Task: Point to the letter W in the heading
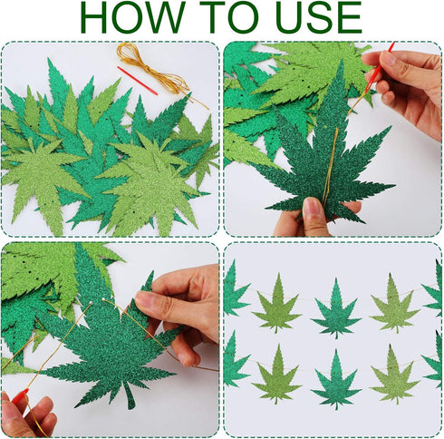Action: point(182,18)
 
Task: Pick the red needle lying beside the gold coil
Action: point(137,80)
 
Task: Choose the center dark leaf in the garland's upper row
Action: point(336,308)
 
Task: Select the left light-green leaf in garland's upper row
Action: point(276,304)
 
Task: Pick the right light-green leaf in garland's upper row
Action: point(394,304)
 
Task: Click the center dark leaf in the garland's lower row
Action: point(336,379)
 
